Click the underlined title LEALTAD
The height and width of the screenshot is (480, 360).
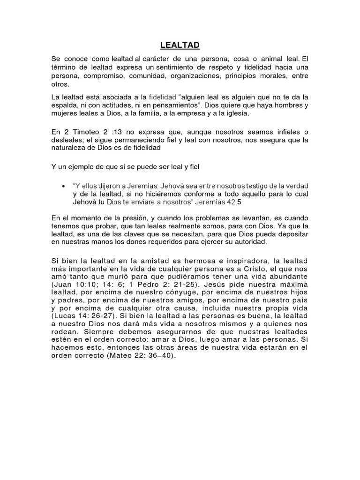180,45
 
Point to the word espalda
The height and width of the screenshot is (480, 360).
64,105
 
